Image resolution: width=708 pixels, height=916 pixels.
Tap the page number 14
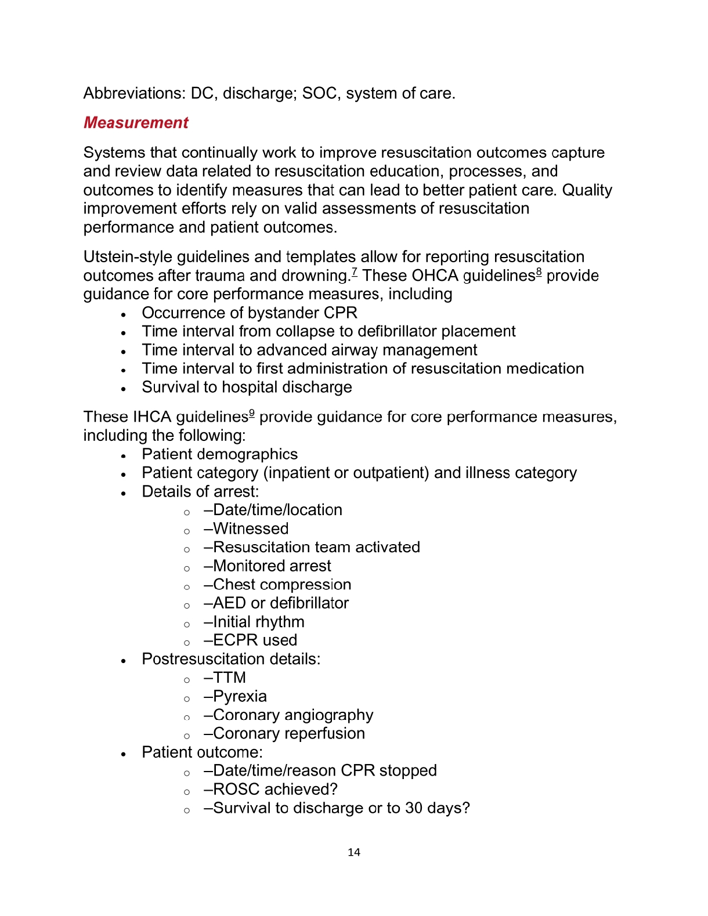point(354,852)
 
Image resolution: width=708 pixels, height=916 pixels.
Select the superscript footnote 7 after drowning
point(354,271)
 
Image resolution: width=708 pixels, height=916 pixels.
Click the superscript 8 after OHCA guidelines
point(539,271)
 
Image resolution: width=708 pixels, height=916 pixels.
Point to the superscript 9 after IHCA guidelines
point(252,413)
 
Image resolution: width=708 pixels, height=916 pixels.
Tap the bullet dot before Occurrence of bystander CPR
point(124,314)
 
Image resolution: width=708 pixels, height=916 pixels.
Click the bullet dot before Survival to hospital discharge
point(124,389)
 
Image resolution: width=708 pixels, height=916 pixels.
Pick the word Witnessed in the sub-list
point(251,529)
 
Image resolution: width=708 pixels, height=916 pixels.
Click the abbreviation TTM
point(230,678)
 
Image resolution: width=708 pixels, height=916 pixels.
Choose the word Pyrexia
point(240,697)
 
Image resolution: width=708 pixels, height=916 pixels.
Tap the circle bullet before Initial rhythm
point(187,624)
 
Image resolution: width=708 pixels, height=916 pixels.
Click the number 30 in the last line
point(414,808)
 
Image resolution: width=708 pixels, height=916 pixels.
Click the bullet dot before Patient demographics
point(124,456)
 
